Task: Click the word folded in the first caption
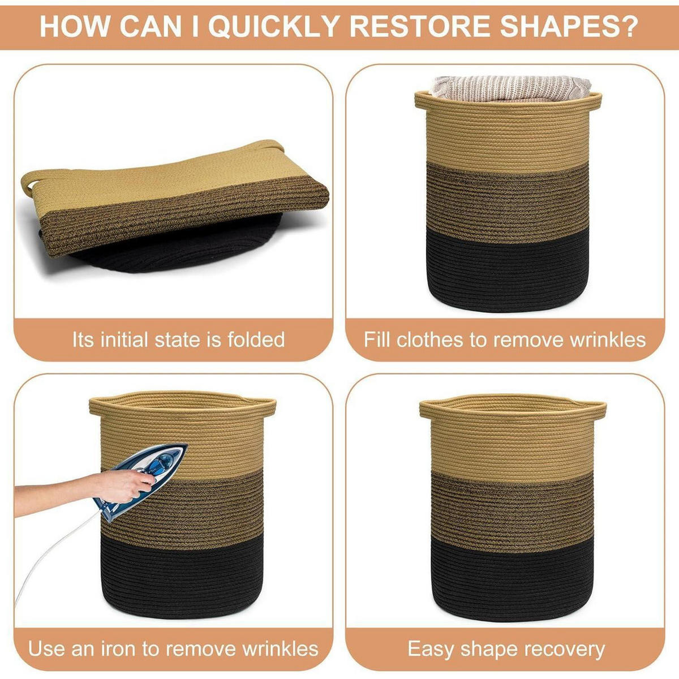[x=256, y=339]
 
